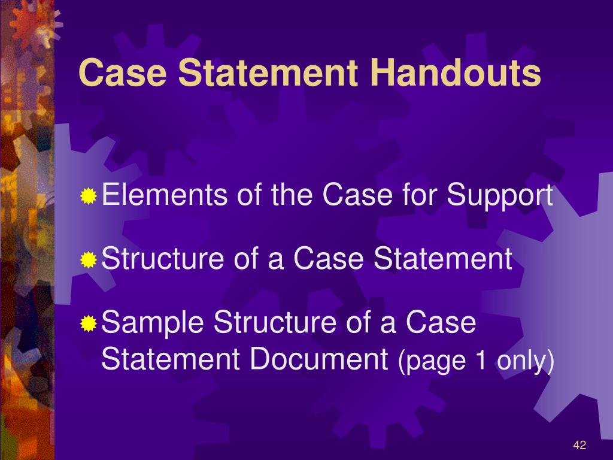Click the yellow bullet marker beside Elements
coord(89,196)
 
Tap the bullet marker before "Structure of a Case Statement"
coord(89,261)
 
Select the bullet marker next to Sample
coord(89,324)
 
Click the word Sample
coord(153,324)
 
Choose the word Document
coord(319,359)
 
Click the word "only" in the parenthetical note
coord(522,361)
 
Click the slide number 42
coord(579,445)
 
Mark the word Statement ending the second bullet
coord(443,259)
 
